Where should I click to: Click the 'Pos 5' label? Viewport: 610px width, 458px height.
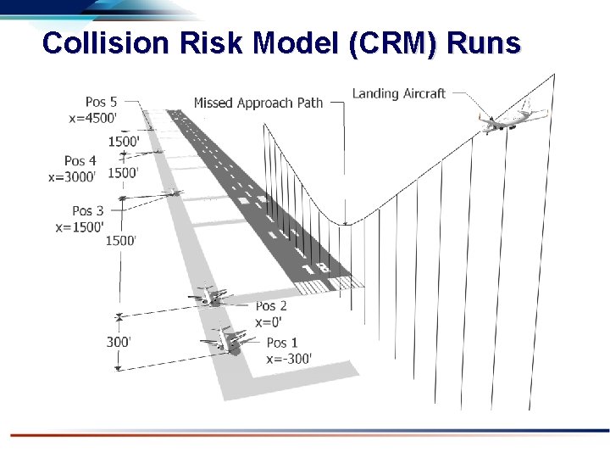101,103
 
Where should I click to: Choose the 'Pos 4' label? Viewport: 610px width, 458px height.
80,161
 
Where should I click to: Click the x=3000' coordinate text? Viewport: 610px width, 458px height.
73,177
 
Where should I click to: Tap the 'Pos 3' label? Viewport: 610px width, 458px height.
88,210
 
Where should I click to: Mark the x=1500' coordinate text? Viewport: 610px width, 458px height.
80,226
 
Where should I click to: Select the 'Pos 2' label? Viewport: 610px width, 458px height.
271,305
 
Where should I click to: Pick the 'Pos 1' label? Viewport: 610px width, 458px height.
282,343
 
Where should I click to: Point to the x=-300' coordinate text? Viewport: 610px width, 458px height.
289,359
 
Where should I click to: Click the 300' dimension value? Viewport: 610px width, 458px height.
119,342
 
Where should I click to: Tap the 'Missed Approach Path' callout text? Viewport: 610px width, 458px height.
258,103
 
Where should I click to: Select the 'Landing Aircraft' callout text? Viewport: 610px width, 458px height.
398,93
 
